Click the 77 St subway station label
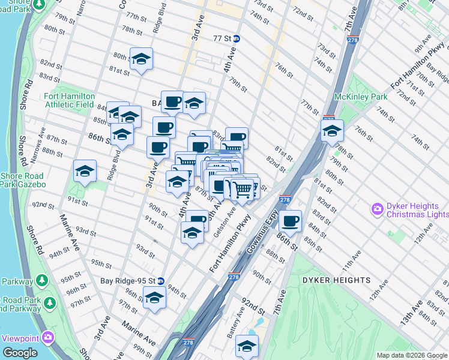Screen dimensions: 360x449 tap(222, 38)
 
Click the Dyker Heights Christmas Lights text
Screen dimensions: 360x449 tap(417, 209)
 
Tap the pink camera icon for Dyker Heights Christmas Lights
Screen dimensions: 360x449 tap(378, 209)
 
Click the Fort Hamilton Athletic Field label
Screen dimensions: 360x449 tap(69, 100)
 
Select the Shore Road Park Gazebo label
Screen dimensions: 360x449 tap(22, 180)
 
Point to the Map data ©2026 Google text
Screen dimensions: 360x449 tap(411, 355)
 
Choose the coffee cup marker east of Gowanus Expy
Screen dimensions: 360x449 tap(290, 221)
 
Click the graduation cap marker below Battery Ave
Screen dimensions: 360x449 tap(247, 346)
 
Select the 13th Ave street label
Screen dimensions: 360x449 tap(409, 313)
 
